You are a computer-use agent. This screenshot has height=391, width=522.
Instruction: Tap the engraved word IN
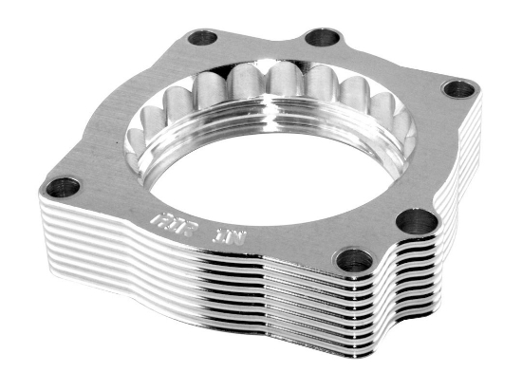230,231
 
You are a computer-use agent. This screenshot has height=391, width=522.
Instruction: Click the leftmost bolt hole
64,186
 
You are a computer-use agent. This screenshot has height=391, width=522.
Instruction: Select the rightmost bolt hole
459,89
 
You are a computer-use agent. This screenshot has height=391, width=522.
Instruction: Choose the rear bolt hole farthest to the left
203,39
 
